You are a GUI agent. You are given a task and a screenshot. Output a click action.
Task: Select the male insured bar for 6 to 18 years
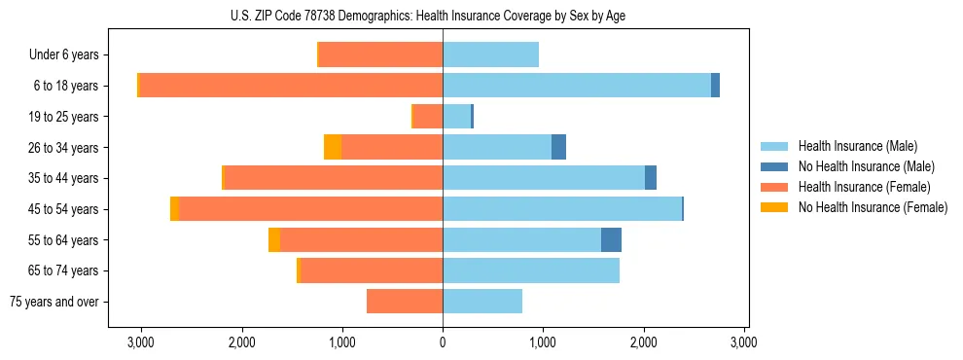[x=576, y=86]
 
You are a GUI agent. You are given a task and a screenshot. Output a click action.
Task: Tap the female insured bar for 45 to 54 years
[x=310, y=209]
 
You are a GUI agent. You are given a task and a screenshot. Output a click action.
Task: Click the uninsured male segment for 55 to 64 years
[x=611, y=240]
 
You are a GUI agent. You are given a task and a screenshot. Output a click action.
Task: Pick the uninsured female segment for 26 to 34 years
[x=333, y=148]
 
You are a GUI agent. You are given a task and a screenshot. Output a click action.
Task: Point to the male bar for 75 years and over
[x=482, y=302]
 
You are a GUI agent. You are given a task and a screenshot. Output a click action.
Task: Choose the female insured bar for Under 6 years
[x=380, y=54]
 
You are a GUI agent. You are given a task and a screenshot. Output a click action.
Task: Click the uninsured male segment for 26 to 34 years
[x=558, y=148]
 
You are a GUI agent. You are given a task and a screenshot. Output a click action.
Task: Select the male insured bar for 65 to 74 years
[x=531, y=270]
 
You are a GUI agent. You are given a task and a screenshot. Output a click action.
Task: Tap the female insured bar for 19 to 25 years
[x=428, y=117]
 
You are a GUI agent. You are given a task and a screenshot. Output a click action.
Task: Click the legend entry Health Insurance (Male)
[x=857, y=146]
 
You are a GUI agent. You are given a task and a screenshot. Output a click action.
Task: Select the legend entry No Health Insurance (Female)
[x=873, y=207]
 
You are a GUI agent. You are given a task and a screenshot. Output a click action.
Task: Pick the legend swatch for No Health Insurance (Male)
[x=774, y=166]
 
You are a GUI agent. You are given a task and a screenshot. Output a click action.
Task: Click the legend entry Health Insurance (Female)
[x=864, y=187]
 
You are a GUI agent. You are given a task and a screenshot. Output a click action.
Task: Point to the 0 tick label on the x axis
[x=443, y=342]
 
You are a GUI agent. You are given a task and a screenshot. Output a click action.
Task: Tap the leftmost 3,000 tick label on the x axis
[x=141, y=342]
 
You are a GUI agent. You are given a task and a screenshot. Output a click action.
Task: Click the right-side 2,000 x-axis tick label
[x=644, y=342]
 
